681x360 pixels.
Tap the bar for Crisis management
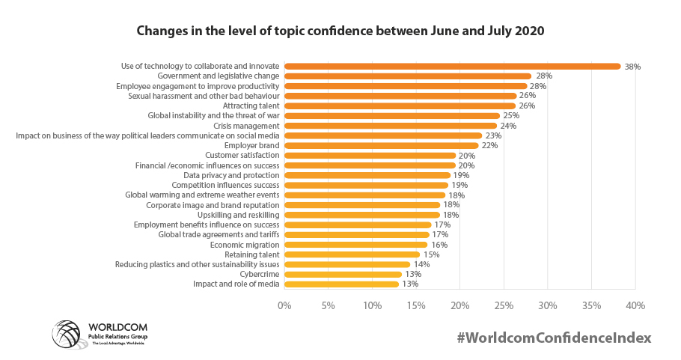(390, 126)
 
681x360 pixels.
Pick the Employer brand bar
(381, 145)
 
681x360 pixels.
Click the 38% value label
(632, 67)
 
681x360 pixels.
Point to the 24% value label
(508, 126)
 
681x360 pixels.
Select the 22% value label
(490, 145)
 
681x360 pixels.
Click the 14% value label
(421, 264)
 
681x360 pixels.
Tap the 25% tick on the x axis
(504, 305)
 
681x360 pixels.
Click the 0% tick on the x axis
(284, 305)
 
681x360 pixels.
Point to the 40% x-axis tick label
(635, 305)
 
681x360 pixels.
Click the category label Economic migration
(244, 245)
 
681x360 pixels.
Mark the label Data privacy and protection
(231, 175)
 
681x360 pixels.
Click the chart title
(340, 32)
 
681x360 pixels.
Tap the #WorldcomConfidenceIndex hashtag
(554, 338)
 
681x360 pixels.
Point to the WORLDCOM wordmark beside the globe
(118, 328)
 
